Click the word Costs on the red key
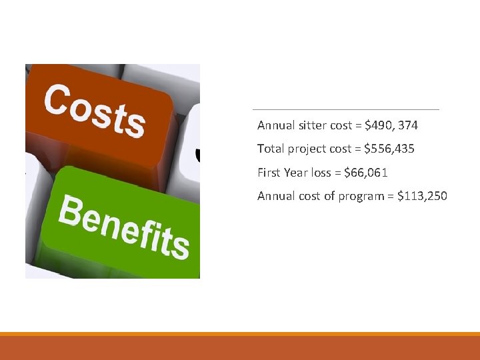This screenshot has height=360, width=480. pyautogui.click(x=95, y=111)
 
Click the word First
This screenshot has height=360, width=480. pyautogui.click(x=269, y=173)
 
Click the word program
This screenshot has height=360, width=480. pyautogui.click(x=357, y=196)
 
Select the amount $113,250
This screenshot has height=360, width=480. pyautogui.click(x=422, y=196)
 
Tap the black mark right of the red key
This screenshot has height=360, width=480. pyautogui.click(x=197, y=155)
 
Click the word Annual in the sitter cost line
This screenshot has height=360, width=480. pyautogui.click(x=274, y=125)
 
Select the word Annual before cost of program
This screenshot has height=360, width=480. pyautogui.click(x=274, y=196)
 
